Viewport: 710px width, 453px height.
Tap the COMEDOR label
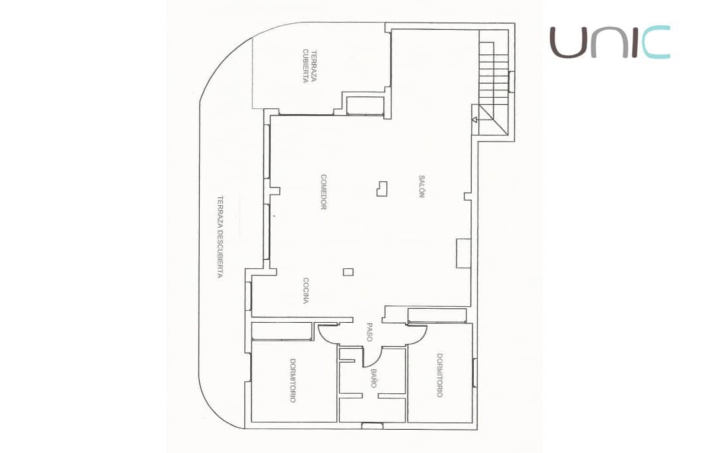point(324,192)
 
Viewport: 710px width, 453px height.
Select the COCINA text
point(306,290)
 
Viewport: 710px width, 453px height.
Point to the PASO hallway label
point(370,331)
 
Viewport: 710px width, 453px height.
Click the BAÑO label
point(374,379)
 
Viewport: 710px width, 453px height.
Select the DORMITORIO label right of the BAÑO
point(439,375)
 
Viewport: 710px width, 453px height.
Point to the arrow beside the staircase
point(475,120)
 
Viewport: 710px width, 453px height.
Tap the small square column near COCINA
point(348,271)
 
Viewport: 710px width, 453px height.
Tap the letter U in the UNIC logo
point(567,43)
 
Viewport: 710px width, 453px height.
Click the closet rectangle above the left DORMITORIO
point(282,331)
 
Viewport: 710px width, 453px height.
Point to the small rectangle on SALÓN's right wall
point(463,253)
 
